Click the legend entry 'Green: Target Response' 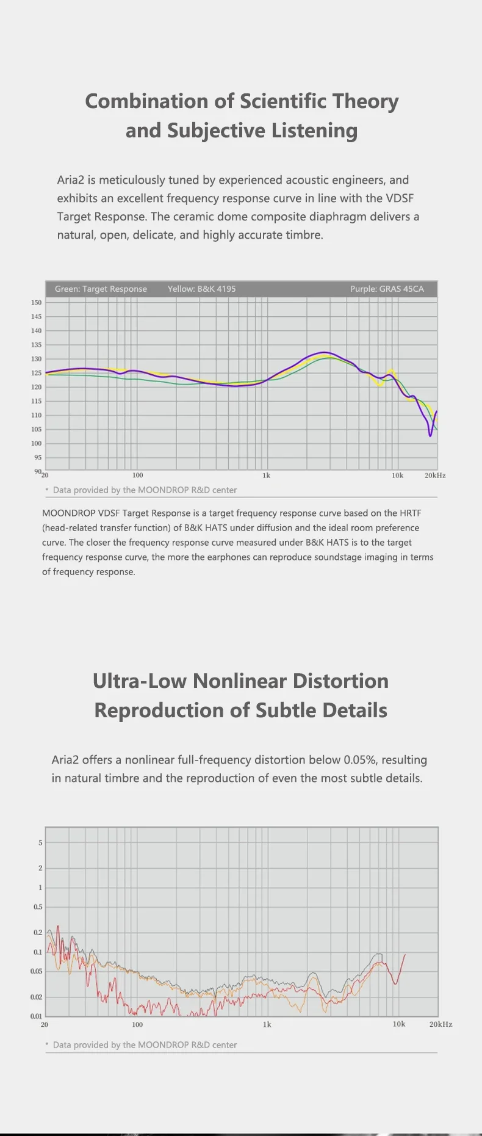101,289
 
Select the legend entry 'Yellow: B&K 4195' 201,289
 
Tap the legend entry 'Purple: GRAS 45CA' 387,289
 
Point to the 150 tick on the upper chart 37,302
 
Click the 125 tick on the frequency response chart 37,373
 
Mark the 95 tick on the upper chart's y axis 38,457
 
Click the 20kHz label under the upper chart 435,475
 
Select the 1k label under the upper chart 267,475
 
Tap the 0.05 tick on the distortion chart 37,971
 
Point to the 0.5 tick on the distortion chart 38,907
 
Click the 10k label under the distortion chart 398,1024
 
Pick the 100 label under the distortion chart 137,1024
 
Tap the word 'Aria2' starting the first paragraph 70,180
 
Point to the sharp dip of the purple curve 430,435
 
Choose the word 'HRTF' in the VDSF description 411,513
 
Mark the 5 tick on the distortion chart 41,843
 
